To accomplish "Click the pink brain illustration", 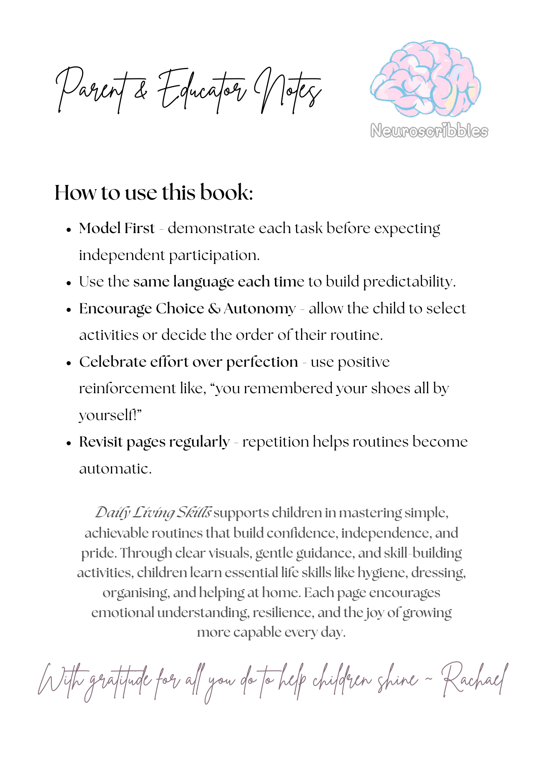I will (425, 79).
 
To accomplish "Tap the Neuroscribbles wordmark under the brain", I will (429, 131).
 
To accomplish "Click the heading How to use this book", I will (154, 192).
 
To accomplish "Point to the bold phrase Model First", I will (117, 228).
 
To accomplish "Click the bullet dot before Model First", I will (69, 230).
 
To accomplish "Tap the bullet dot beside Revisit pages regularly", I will (69, 443).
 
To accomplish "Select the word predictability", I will (409, 282).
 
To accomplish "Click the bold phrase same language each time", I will (219, 282).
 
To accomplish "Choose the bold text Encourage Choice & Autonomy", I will (187, 309).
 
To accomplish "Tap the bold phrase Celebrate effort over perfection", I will (189, 362).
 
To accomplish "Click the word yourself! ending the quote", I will (110, 415).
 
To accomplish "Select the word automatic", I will (115, 469).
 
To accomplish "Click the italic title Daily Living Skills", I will (153, 513).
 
